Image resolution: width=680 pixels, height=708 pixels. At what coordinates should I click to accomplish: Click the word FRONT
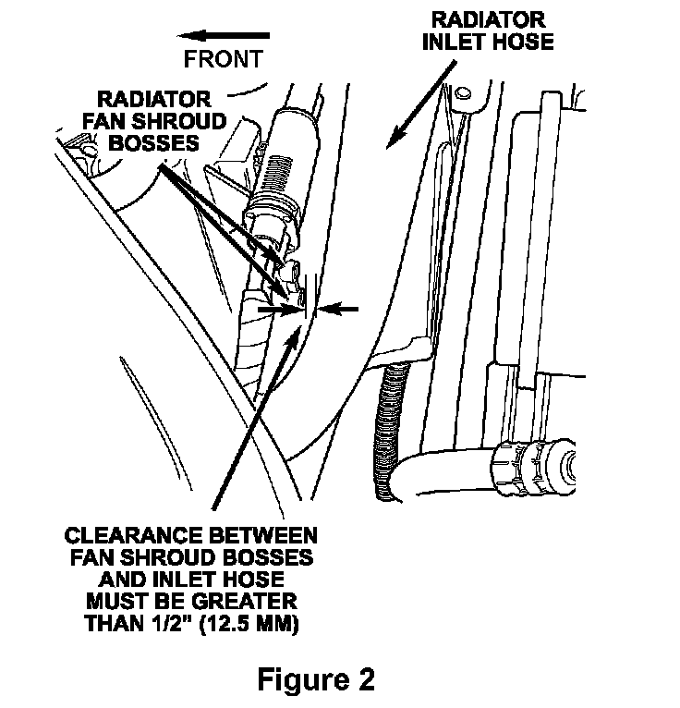click(223, 59)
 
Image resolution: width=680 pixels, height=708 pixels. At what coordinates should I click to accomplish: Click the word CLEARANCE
click(132, 536)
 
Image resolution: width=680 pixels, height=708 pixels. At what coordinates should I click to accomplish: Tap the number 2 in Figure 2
click(365, 681)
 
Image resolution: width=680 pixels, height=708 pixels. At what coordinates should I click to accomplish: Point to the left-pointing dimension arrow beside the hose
click(338, 311)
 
